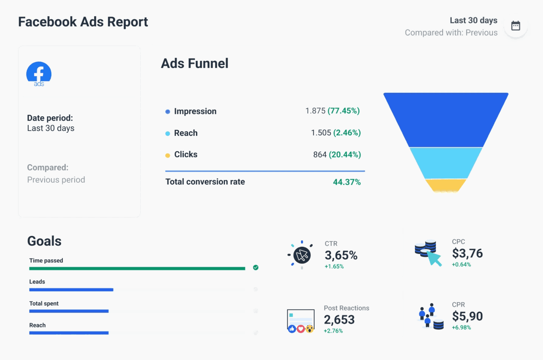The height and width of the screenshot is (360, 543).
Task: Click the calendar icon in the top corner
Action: pyautogui.click(x=515, y=26)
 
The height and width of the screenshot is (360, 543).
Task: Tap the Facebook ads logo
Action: pyautogui.click(x=39, y=74)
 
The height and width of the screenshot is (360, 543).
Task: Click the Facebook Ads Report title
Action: pyautogui.click(x=83, y=22)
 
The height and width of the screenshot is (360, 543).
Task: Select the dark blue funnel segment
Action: pyautogui.click(x=446, y=119)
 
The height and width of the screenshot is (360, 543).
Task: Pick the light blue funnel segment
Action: pyautogui.click(x=446, y=163)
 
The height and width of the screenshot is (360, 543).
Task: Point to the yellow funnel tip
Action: pyautogui.click(x=446, y=185)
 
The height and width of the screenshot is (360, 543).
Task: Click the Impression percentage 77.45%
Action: pyautogui.click(x=344, y=111)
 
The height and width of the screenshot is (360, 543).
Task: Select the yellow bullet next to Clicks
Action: pyautogui.click(x=168, y=155)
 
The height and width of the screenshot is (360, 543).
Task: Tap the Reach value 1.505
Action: pyautogui.click(x=321, y=133)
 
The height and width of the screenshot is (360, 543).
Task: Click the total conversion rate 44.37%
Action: pyautogui.click(x=347, y=182)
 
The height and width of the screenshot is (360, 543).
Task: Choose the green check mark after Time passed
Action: pyautogui.click(x=256, y=268)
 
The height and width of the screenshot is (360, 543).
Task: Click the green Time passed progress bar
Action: pyautogui.click(x=137, y=269)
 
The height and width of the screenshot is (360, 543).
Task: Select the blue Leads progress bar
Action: pyautogui.click(x=71, y=290)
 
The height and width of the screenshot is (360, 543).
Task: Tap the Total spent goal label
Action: pyautogui.click(x=44, y=303)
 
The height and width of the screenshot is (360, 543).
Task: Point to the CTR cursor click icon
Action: pyautogui.click(x=301, y=255)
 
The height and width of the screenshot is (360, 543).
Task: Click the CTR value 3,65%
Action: pyautogui.click(x=341, y=255)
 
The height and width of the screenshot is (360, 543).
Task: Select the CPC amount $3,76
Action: pyautogui.click(x=467, y=253)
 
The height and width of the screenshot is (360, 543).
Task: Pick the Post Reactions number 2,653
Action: pyautogui.click(x=339, y=320)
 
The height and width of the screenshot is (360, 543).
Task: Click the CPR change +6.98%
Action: pyautogui.click(x=461, y=328)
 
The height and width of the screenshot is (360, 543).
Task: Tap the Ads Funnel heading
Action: pyautogui.click(x=195, y=63)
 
